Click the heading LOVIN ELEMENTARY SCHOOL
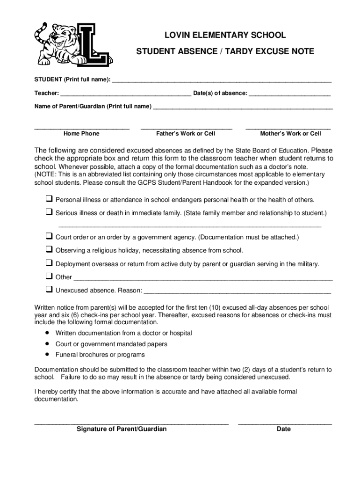[x=224, y=36]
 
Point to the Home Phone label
[x=81, y=134]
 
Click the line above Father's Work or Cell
[x=186, y=128]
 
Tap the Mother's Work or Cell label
[x=290, y=134]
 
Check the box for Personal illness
[x=49, y=199]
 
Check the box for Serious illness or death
[x=49, y=212]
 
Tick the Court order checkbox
[x=49, y=236]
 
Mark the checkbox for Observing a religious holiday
[x=49, y=249]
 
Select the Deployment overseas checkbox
[x=49, y=263]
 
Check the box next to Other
[x=49, y=276]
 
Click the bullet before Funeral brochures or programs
[x=47, y=355]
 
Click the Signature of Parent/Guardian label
[x=122, y=429]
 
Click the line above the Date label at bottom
[x=285, y=424]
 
